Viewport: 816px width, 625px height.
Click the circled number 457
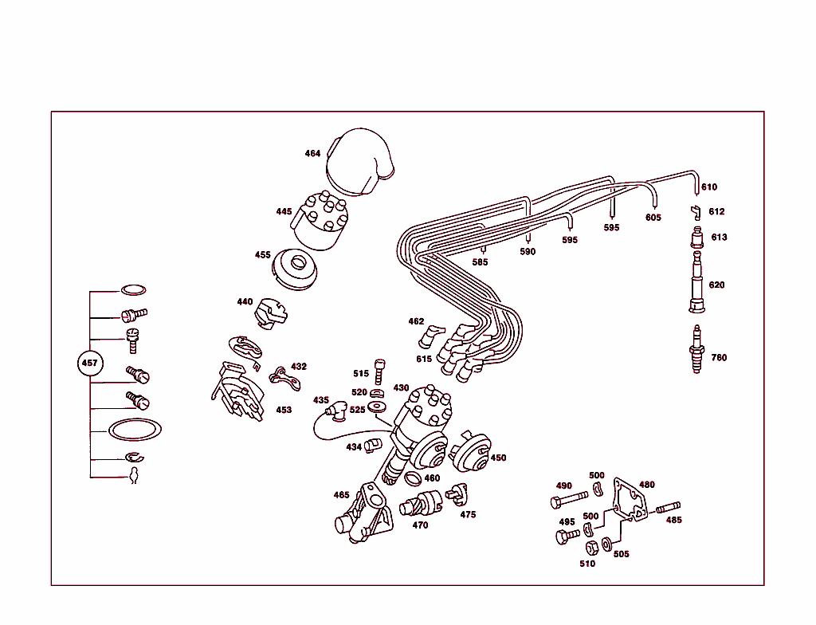click(90, 364)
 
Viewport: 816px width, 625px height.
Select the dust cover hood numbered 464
click(360, 160)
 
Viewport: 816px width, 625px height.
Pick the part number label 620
click(716, 285)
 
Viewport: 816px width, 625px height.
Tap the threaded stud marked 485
click(668, 506)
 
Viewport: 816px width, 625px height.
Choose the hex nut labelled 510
click(592, 548)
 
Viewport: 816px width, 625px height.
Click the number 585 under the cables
click(480, 261)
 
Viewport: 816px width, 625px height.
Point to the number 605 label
click(653, 218)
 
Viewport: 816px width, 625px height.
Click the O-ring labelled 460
click(413, 478)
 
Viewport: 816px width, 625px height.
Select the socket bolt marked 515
click(379, 368)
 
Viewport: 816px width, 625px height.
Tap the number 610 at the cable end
click(709, 187)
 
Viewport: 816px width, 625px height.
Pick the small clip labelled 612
click(695, 211)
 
